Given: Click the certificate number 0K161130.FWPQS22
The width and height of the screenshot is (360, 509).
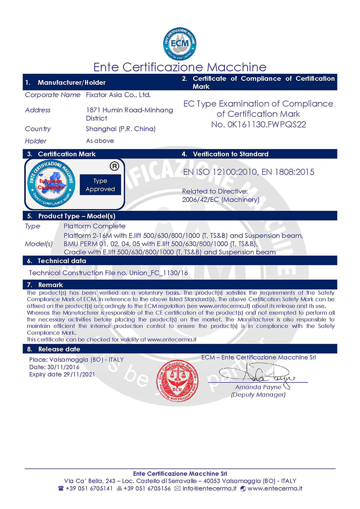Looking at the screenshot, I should [x=258, y=124].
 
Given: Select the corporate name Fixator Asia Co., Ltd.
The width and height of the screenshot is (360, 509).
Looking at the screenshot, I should [x=118, y=95].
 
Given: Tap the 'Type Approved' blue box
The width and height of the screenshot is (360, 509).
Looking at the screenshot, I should [x=100, y=185].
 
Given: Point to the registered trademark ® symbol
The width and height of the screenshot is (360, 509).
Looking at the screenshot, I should [x=114, y=166].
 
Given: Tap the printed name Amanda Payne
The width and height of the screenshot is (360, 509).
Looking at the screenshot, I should [x=258, y=387].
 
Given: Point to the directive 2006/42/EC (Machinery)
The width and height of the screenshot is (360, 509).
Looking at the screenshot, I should [x=221, y=199].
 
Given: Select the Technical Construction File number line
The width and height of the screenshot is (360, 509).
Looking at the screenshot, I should [x=108, y=273].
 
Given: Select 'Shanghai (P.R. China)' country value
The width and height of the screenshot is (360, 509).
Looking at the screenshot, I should [x=121, y=129].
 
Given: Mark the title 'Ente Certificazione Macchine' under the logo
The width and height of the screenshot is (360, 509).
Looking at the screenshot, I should [x=180, y=67].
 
